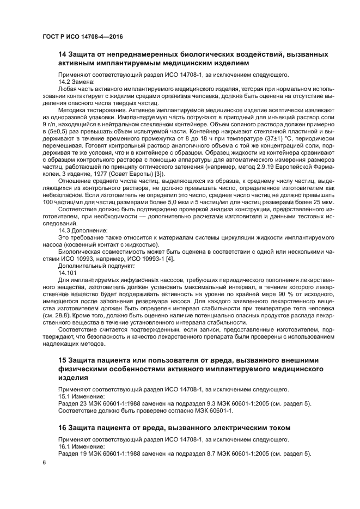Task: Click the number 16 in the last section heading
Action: click(63, 427)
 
